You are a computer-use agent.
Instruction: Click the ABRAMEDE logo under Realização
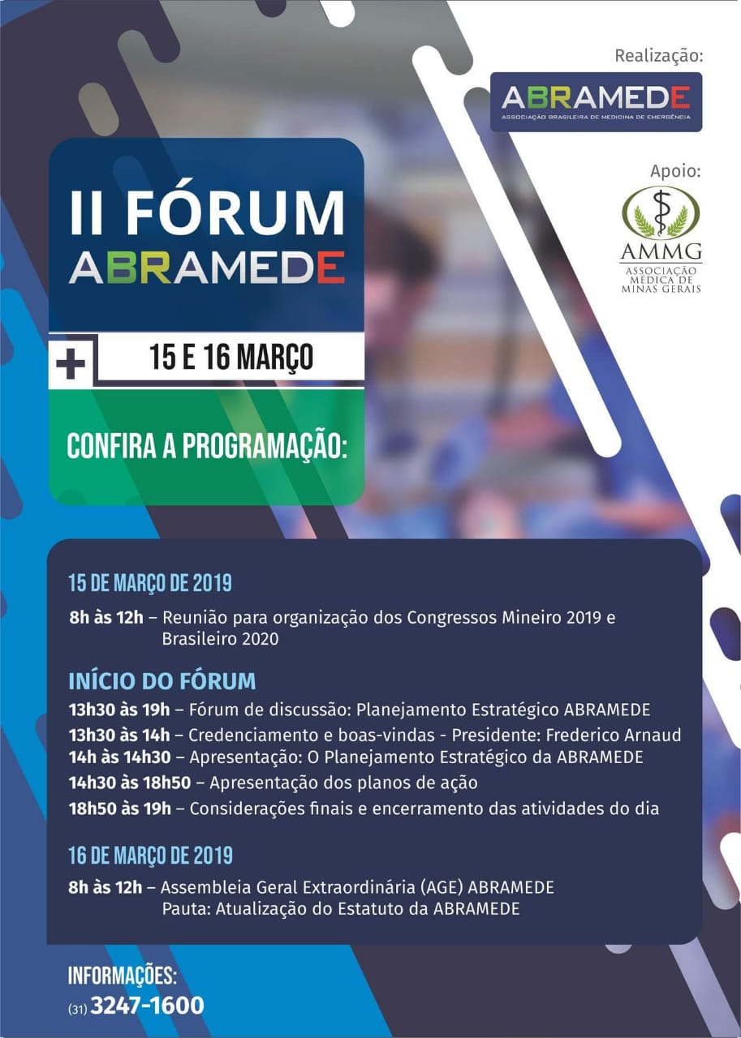(x=596, y=101)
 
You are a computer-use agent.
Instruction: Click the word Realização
(x=659, y=56)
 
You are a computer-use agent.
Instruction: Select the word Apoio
(x=675, y=171)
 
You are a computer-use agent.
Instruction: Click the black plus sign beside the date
(x=71, y=362)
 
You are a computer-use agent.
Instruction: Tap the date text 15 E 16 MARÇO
(x=231, y=357)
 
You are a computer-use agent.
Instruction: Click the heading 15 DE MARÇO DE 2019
(x=150, y=583)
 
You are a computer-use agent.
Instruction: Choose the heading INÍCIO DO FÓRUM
(x=162, y=680)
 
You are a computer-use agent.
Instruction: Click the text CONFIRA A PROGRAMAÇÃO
(x=207, y=446)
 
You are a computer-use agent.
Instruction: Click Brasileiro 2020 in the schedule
(x=220, y=639)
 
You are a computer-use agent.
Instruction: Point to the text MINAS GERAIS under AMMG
(x=661, y=289)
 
